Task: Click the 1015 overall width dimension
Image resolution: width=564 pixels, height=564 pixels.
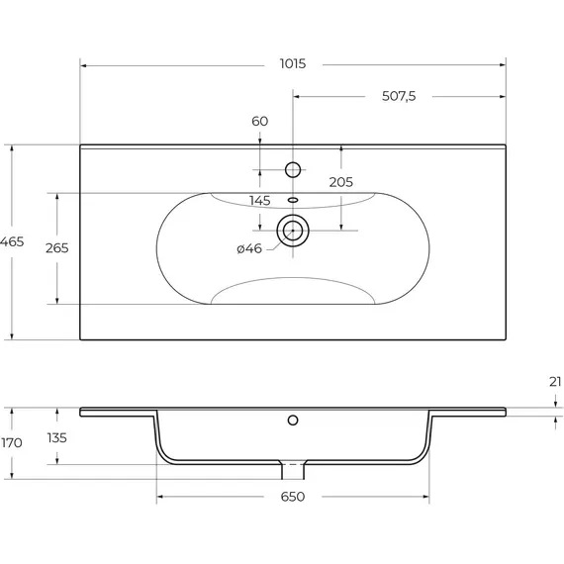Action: (x=293, y=63)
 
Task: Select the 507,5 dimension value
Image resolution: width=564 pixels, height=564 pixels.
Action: (x=399, y=96)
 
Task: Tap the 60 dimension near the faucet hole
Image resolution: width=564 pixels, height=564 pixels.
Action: (x=259, y=122)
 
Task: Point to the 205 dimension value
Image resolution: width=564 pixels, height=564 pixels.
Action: (x=341, y=182)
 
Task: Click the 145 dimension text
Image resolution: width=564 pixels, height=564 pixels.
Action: (x=259, y=200)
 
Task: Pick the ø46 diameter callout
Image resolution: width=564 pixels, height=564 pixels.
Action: (x=249, y=248)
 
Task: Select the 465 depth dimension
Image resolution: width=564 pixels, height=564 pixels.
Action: (x=12, y=241)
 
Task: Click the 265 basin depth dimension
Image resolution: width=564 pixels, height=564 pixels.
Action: (x=56, y=247)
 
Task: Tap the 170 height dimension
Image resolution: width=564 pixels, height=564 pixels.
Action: (x=12, y=442)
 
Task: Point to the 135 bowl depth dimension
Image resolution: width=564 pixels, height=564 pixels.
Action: (x=56, y=437)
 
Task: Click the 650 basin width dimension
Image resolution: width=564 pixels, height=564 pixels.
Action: (x=293, y=497)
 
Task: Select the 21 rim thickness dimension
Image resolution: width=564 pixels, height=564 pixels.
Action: (x=555, y=382)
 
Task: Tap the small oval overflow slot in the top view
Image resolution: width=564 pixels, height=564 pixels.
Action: (x=293, y=200)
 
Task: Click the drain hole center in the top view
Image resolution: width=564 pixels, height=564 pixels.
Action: (x=293, y=231)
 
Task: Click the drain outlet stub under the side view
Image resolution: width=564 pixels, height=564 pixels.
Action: (x=293, y=470)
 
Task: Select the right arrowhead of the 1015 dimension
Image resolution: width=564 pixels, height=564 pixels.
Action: (x=503, y=65)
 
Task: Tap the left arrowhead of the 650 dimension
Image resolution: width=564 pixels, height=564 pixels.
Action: (x=160, y=497)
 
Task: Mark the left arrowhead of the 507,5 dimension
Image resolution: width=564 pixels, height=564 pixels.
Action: (x=297, y=96)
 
